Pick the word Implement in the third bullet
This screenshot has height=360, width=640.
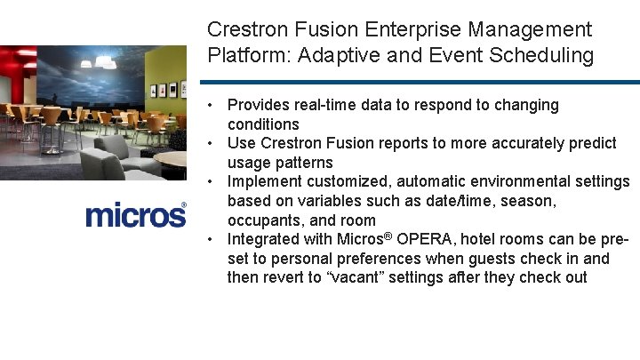(264, 181)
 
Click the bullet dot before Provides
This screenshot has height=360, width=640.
(214, 105)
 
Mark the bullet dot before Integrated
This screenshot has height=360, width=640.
(214, 239)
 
